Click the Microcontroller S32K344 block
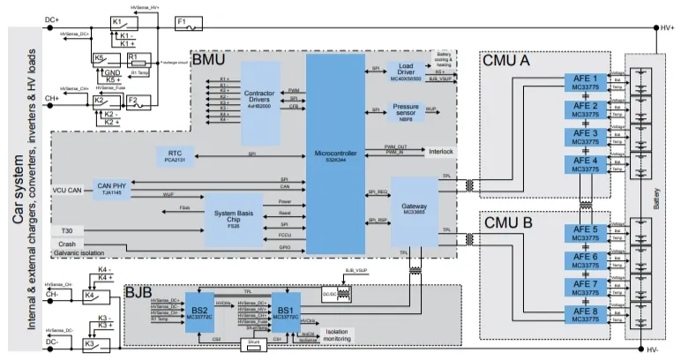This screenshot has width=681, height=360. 334,154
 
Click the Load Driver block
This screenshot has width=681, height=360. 407,71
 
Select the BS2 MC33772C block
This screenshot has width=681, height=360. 198,311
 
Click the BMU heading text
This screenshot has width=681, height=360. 208,63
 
